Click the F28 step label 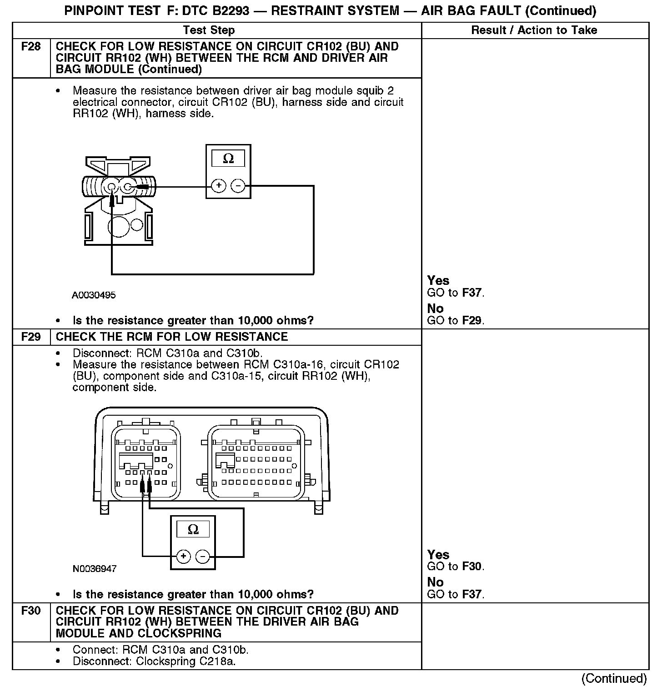click(x=31, y=47)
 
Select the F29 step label click(x=31, y=337)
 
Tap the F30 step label click(x=31, y=611)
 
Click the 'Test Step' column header click(x=209, y=30)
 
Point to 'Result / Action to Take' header click(x=534, y=30)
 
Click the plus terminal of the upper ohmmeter click(x=219, y=185)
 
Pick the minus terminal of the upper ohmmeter click(x=238, y=185)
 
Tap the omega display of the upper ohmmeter click(x=228, y=159)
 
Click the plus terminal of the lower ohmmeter click(x=183, y=556)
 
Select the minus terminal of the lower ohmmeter click(x=202, y=556)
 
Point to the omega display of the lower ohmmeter click(x=193, y=529)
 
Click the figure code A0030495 click(x=94, y=295)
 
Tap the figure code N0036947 click(x=95, y=569)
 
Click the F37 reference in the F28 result click(x=471, y=293)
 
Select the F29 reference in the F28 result click(x=471, y=320)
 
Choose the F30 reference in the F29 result click(x=471, y=567)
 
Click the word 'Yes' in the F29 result click(x=438, y=555)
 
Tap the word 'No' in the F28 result click(x=435, y=309)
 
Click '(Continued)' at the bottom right click(x=614, y=679)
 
